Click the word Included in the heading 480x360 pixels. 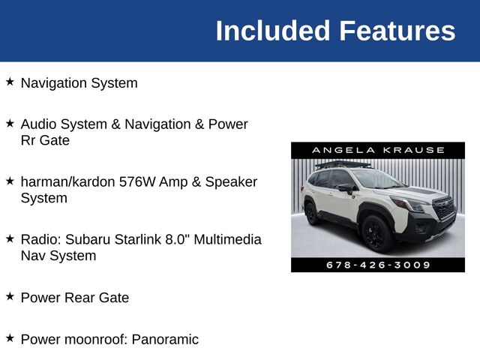click(273, 31)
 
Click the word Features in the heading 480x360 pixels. click(397, 31)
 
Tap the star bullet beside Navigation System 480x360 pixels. click(10, 82)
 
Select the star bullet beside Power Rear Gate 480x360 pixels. click(10, 296)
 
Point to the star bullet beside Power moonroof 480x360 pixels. click(10, 338)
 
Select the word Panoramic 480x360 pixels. click(165, 339)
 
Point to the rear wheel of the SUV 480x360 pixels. click(312, 213)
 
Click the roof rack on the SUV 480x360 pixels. click(342, 163)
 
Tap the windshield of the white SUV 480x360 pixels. click(376, 179)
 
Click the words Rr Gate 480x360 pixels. click(45, 140)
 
